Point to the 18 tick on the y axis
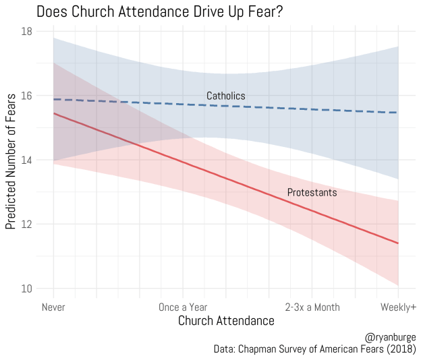point(26,31)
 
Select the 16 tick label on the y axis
point(26,96)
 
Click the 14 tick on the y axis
point(26,160)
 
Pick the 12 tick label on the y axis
point(26,224)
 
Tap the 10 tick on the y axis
point(26,289)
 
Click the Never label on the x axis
point(53,307)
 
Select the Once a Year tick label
point(182,307)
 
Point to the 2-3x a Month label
point(312,307)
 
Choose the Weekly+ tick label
point(398,307)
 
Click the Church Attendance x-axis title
point(226,322)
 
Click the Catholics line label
point(226,96)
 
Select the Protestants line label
point(312,193)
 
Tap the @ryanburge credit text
point(391,336)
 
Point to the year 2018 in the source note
point(402,349)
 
